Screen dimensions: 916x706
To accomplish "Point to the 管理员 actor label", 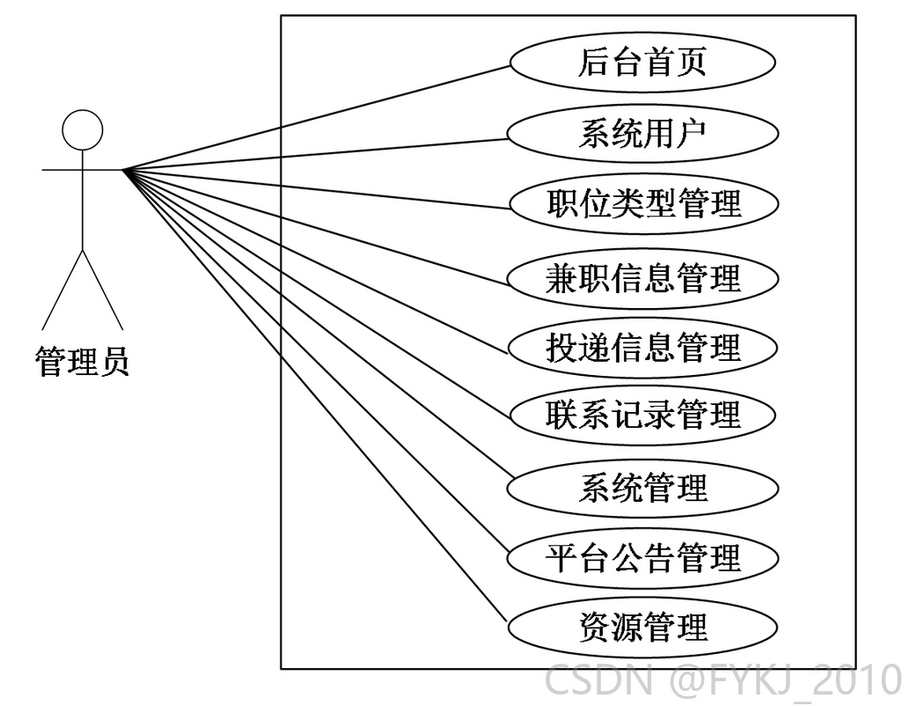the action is (83, 361).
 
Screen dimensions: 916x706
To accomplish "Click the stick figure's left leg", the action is (62, 290).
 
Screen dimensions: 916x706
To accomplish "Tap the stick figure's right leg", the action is (103, 290).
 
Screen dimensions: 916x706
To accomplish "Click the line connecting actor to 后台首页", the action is (317, 118).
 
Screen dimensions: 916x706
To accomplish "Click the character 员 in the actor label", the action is (114, 361).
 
